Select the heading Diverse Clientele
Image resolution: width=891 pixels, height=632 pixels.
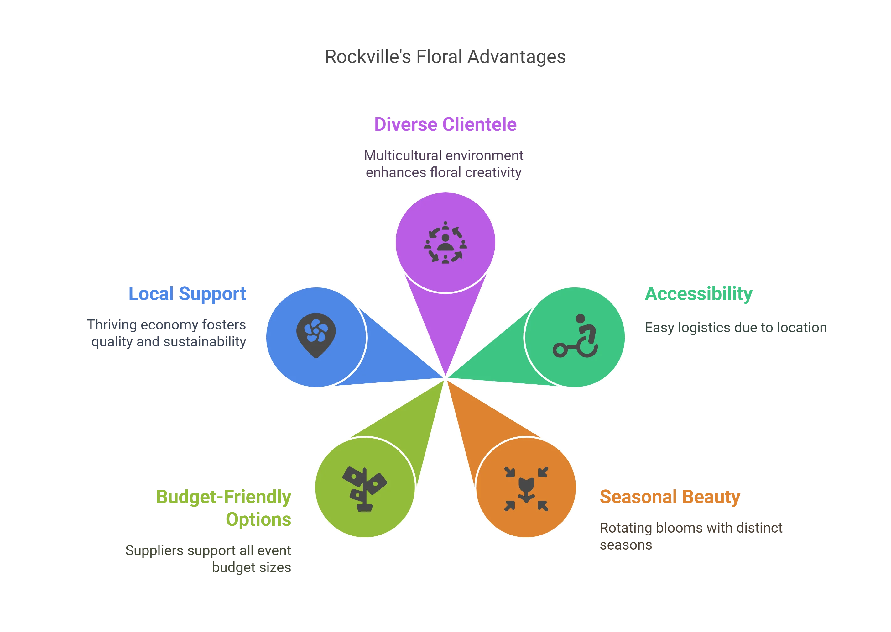445,124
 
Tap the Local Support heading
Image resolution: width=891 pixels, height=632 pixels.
187,293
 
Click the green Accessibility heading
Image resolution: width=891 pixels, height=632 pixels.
699,294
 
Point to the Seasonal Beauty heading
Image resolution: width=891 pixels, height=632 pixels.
670,497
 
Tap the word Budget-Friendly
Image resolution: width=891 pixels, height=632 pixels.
224,497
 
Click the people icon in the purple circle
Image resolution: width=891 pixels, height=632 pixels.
445,242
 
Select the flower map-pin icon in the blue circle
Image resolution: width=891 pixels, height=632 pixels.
316,335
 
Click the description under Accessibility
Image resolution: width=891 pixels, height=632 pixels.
735,328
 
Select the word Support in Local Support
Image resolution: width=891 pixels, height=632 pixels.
212,293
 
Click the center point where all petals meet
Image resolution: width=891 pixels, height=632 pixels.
445,378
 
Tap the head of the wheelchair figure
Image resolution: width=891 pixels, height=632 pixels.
580,318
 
